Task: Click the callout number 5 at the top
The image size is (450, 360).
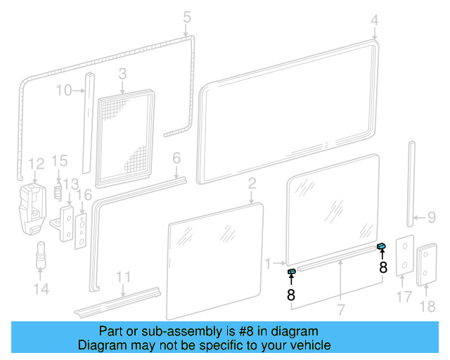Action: click(x=186, y=16)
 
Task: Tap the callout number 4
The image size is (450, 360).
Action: click(x=374, y=20)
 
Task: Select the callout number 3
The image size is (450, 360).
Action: click(x=122, y=74)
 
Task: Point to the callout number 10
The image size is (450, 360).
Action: click(x=63, y=90)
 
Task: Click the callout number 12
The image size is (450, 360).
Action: click(x=36, y=165)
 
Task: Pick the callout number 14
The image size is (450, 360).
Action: click(x=41, y=289)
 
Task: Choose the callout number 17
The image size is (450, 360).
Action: click(x=403, y=297)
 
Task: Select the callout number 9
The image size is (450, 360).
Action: click(x=432, y=217)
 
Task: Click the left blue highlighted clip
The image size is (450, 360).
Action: click(x=291, y=271)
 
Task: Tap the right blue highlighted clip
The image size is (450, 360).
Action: click(x=381, y=246)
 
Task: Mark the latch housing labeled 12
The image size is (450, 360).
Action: click(x=32, y=207)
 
